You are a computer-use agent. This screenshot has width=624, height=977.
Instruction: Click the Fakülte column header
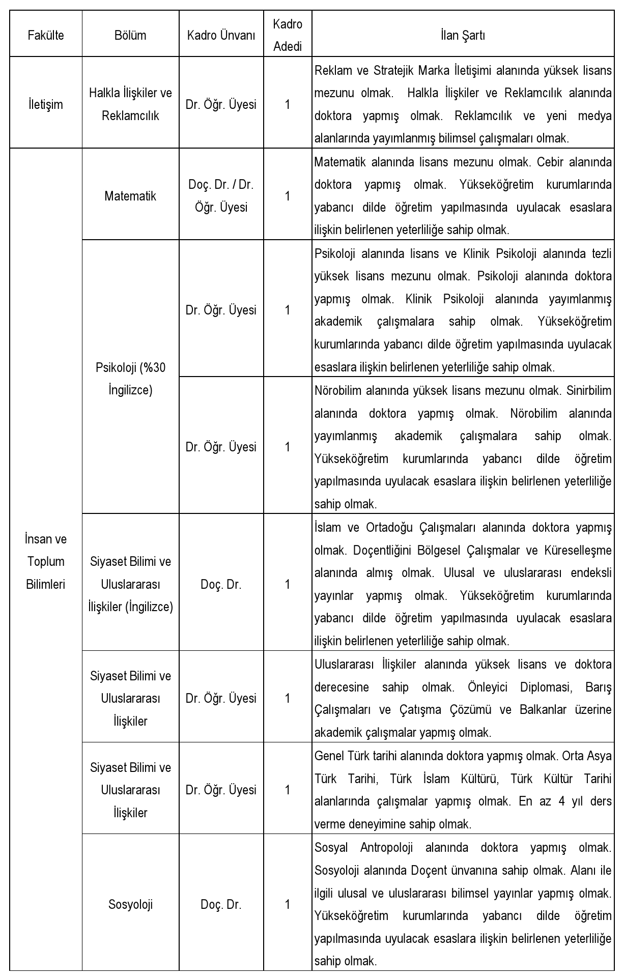(x=46, y=35)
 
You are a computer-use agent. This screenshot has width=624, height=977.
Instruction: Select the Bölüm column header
(x=130, y=35)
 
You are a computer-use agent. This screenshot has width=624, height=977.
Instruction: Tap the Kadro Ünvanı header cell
(x=221, y=35)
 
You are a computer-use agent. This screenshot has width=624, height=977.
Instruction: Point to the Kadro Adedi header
(x=288, y=35)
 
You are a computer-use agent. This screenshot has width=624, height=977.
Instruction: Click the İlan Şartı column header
(x=463, y=35)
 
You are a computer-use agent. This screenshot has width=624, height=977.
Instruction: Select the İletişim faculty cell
(x=46, y=105)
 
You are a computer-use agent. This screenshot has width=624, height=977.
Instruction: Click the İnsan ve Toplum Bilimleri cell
(x=46, y=561)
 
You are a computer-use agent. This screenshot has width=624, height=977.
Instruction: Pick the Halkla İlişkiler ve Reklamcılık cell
(x=130, y=105)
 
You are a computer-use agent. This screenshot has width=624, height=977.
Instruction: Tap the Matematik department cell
(x=130, y=196)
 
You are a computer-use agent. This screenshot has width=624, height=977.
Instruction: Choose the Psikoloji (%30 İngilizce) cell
(x=130, y=379)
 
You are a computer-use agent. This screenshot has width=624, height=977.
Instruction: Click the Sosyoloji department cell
(x=130, y=904)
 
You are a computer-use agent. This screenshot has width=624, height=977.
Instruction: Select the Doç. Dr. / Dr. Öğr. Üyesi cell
(x=221, y=196)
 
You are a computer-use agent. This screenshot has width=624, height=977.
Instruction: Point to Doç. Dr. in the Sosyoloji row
(x=221, y=904)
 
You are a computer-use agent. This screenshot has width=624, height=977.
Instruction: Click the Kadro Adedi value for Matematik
(x=288, y=196)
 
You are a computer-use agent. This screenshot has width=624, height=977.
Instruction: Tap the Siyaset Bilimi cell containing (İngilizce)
(x=130, y=584)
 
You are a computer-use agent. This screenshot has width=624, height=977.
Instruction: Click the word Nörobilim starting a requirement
(x=337, y=391)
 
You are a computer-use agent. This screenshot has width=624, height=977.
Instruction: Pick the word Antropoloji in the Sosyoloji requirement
(x=386, y=848)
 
